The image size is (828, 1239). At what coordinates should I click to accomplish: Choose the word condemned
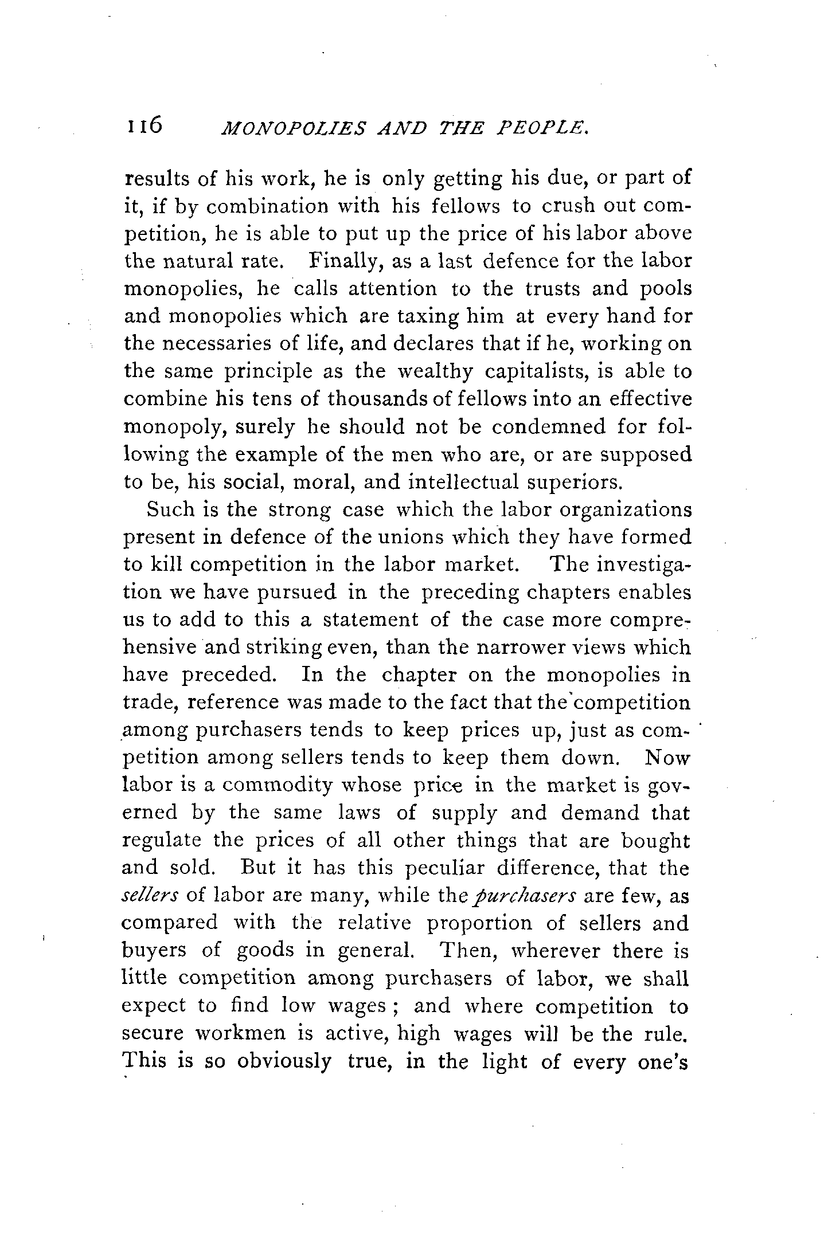[549, 427]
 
